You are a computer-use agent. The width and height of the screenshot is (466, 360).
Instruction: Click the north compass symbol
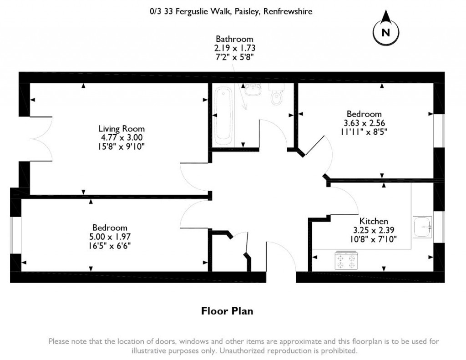(x=385, y=30)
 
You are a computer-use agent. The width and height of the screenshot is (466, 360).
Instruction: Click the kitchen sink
(x=422, y=227)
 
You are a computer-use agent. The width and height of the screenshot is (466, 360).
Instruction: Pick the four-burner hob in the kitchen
(x=346, y=260)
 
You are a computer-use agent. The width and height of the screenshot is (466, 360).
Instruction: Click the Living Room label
(x=122, y=128)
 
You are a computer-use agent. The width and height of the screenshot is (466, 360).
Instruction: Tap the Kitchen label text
(x=374, y=221)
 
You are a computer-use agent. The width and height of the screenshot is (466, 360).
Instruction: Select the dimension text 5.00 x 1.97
(x=110, y=237)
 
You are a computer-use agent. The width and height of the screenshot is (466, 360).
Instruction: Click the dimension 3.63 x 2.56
(x=364, y=123)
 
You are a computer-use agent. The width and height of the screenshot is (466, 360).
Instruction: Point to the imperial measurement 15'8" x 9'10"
(x=122, y=146)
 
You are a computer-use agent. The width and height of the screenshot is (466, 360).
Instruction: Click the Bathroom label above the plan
(x=234, y=39)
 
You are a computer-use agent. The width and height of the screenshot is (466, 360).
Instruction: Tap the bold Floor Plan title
(x=227, y=311)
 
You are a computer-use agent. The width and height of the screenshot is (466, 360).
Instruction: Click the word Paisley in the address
(x=247, y=12)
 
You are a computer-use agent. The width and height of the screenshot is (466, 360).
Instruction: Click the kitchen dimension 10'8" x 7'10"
(x=374, y=239)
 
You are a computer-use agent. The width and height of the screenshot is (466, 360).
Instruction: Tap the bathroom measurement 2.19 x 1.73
(x=234, y=47)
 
